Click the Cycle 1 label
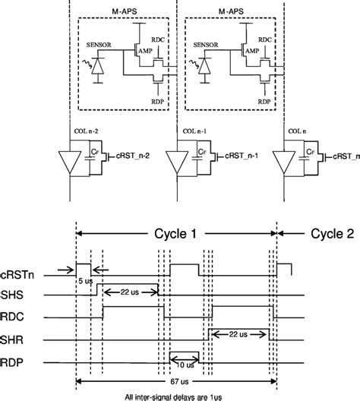177,234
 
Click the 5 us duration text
84,280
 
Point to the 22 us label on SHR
238,333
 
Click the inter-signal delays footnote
176,395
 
